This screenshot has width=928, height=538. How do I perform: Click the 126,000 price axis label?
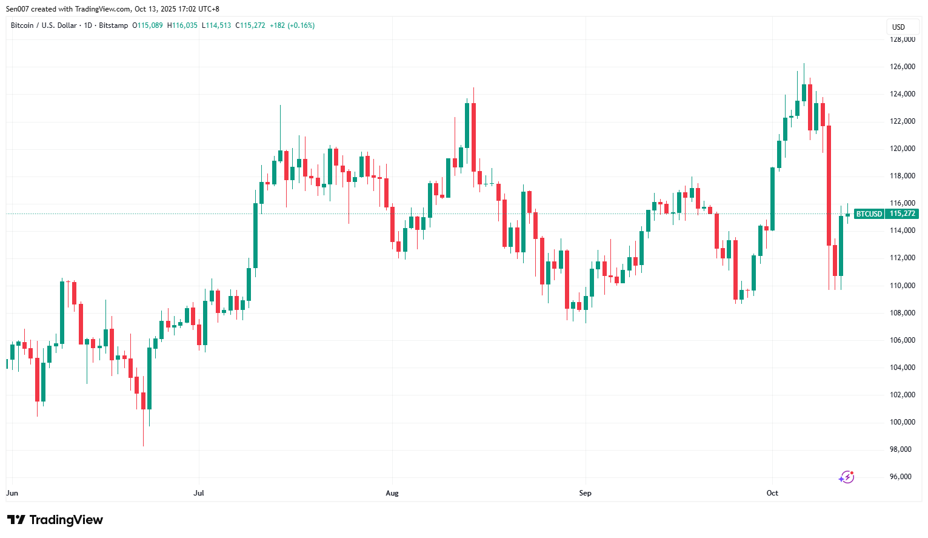coord(902,67)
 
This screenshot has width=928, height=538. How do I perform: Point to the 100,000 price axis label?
coord(902,422)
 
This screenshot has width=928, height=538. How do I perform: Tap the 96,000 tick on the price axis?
coord(902,477)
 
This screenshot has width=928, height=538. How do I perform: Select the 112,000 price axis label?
coord(902,258)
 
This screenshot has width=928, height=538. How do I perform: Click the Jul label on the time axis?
coord(199,493)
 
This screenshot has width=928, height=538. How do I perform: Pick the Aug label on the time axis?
coord(392,493)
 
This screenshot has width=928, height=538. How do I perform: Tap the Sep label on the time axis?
coord(585,493)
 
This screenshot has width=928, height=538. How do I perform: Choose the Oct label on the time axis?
coord(772,493)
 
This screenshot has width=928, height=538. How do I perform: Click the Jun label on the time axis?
coord(12,493)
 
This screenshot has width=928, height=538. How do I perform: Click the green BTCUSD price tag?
coord(869,214)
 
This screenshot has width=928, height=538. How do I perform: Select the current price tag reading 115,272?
coord(902,214)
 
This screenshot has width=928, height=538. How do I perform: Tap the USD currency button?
coord(898,27)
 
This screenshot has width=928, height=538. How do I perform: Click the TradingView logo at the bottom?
coord(55,520)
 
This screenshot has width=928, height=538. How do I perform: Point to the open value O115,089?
coord(148,25)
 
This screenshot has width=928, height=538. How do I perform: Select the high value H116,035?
coord(182,25)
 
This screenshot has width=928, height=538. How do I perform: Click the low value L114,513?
coord(216,25)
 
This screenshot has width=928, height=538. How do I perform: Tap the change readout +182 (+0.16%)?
coord(292,25)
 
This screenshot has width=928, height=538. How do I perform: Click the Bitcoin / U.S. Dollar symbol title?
coord(44,25)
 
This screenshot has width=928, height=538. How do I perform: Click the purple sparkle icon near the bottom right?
coord(846,477)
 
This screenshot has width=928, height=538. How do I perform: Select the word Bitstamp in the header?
coord(113,25)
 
